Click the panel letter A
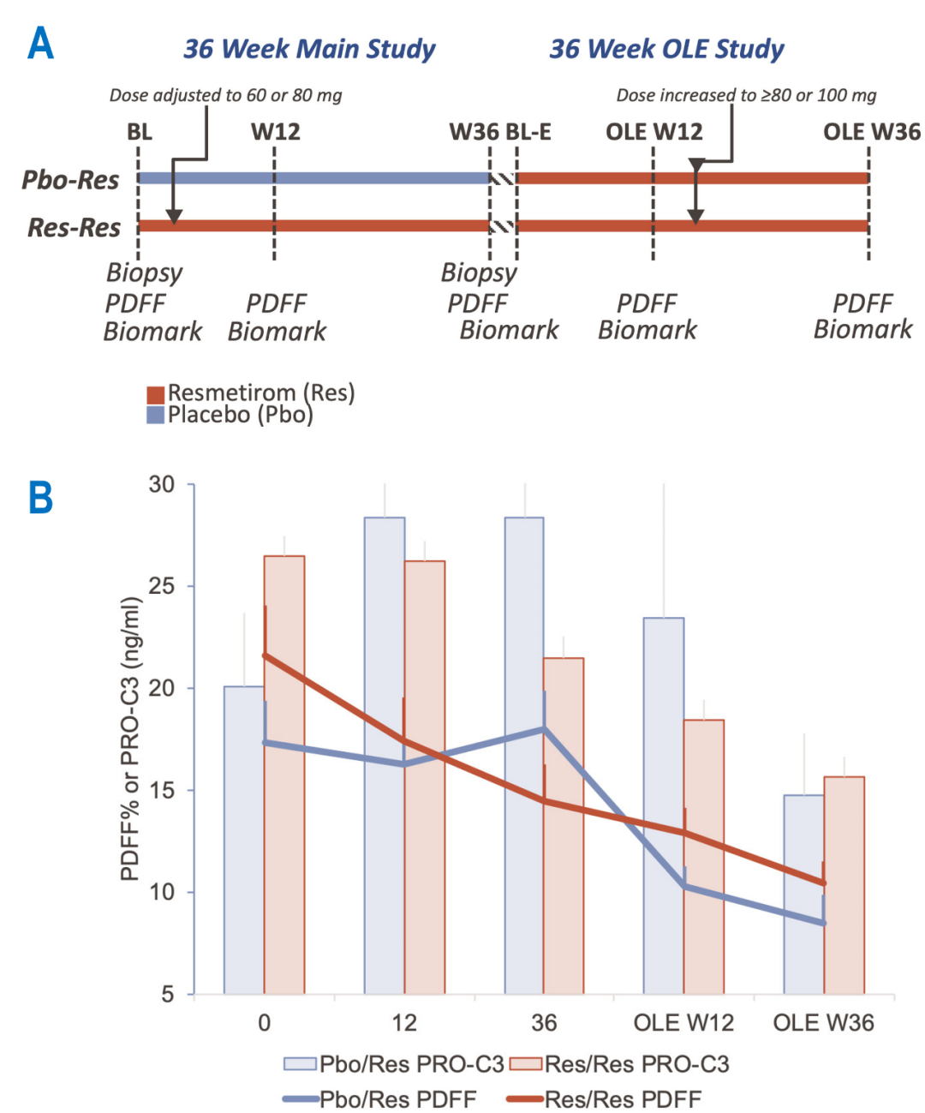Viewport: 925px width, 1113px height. point(40,44)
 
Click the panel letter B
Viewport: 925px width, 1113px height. point(40,498)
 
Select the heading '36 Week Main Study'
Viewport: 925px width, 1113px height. point(309,50)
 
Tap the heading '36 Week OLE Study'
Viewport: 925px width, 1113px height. point(666,50)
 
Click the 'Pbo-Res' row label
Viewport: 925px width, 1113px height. point(70,180)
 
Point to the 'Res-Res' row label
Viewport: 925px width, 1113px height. point(74,228)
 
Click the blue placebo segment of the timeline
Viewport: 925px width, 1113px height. point(313,178)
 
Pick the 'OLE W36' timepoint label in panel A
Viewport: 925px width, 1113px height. point(871,132)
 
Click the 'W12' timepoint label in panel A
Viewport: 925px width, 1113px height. point(275,132)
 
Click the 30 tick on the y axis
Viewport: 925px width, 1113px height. point(162,485)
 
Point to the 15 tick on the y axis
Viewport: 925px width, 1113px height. point(162,790)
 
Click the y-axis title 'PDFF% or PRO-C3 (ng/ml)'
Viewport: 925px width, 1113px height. point(130,739)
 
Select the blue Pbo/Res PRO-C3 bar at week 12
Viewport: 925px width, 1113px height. point(385,754)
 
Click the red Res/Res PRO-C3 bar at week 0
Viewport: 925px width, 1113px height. point(284,771)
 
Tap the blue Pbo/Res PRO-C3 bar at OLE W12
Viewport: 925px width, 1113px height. point(664,805)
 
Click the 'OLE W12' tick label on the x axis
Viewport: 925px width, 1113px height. point(683,1023)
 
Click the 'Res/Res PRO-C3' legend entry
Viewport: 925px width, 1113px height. point(620,1064)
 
